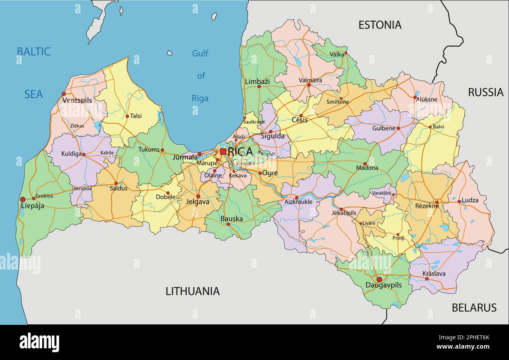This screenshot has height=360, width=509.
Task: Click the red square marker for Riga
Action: pyautogui.click(x=223, y=151)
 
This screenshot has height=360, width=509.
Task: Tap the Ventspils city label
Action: pyautogui.click(x=77, y=101)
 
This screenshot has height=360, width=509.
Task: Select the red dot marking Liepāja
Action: pyautogui.click(x=23, y=200)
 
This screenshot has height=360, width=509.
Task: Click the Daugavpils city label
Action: pyautogui.click(x=383, y=285)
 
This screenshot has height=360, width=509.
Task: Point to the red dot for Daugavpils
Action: pyautogui.click(x=379, y=279)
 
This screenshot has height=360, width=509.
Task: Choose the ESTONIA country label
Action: pyautogui.click(x=380, y=25)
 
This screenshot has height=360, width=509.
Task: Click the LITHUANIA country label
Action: pyautogui.click(x=192, y=291)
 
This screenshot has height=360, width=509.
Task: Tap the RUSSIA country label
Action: pyautogui.click(x=486, y=92)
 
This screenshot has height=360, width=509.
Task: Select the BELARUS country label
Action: pyautogui.click(x=474, y=308)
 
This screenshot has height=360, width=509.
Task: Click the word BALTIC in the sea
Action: pyautogui.click(x=33, y=52)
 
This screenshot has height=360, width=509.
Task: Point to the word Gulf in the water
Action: pyautogui.click(x=200, y=53)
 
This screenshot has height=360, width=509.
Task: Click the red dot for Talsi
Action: pyautogui.click(x=127, y=116)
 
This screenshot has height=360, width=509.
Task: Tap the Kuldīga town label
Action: pyautogui.click(x=71, y=154)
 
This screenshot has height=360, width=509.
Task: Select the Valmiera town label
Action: pyautogui.click(x=310, y=80)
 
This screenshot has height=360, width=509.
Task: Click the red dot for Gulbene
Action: pyautogui.click(x=398, y=128)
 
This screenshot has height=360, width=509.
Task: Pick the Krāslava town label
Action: pyautogui.click(x=434, y=274)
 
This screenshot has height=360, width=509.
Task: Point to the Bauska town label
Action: pyautogui.click(x=231, y=219)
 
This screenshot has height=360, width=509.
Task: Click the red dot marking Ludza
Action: pyautogui.click(x=459, y=202)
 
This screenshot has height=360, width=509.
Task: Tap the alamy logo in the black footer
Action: pyautogui.click(x=39, y=342)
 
